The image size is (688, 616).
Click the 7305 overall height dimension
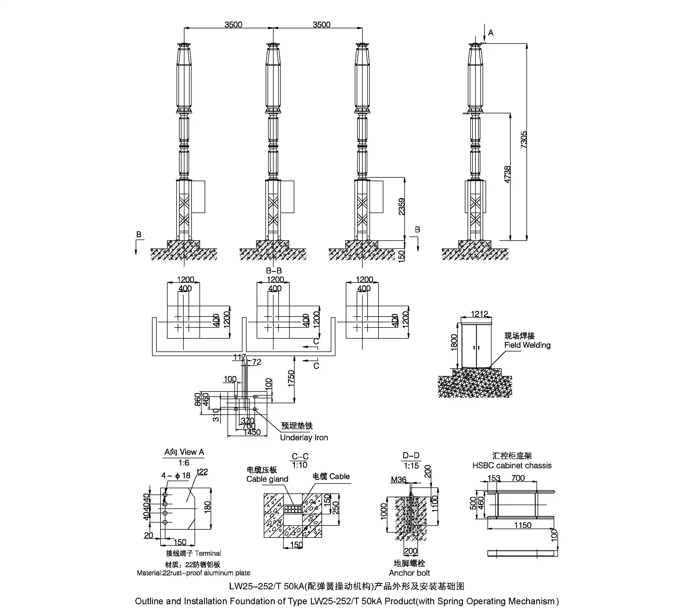tap(523, 139)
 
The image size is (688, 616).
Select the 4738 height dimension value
tap(507, 175)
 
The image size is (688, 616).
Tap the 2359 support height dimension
tap(401, 207)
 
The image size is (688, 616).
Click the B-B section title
tap(274, 271)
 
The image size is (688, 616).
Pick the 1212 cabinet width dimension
tap(479, 314)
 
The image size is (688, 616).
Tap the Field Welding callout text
tap(527, 345)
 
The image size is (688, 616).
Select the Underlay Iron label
tap(304, 438)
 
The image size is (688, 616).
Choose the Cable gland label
tap(267, 479)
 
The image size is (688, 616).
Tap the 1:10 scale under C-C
tap(299, 465)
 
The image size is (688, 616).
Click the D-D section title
tap(411, 456)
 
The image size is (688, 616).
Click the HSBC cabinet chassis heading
tap(512, 465)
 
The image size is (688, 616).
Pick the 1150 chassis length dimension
tap(523, 525)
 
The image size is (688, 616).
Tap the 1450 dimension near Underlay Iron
tap(252, 432)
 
